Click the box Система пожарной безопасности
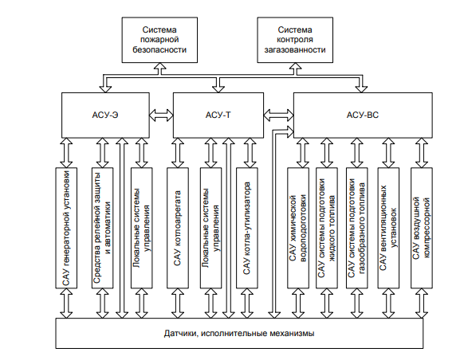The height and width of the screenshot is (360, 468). pyautogui.click(x=159, y=40)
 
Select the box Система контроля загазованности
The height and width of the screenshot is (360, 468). pyautogui.click(x=295, y=40)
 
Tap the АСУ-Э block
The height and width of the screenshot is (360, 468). pyautogui.click(x=105, y=115)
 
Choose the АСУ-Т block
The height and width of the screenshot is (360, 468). pyautogui.click(x=218, y=115)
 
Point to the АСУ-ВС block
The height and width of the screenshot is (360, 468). pyautogui.click(x=363, y=115)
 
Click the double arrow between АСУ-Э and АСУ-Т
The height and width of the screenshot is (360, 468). pyautogui.click(x=161, y=115)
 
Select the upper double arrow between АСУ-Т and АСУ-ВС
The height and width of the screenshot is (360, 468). pyautogui.click(x=278, y=115)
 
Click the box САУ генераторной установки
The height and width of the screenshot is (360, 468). pyautogui.click(x=66, y=228)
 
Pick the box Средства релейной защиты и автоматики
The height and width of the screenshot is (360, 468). pyautogui.click(x=102, y=228)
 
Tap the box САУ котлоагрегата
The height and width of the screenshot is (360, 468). pyautogui.click(x=178, y=228)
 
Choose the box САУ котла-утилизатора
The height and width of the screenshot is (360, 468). pyautogui.click(x=247, y=228)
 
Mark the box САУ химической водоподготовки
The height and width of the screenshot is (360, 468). pyautogui.click(x=298, y=228)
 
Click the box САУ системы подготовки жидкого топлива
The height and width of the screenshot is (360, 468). pyautogui.click(x=327, y=228)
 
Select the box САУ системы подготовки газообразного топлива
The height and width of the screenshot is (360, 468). pyautogui.click(x=357, y=228)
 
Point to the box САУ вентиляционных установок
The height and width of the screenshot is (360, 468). pyautogui.click(x=388, y=228)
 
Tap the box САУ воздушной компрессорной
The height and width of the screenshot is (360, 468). pyautogui.click(x=422, y=228)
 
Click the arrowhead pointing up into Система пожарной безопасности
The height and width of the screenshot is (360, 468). pyautogui.click(x=160, y=66)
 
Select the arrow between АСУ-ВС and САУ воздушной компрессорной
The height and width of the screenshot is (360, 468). pyautogui.click(x=422, y=153)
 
